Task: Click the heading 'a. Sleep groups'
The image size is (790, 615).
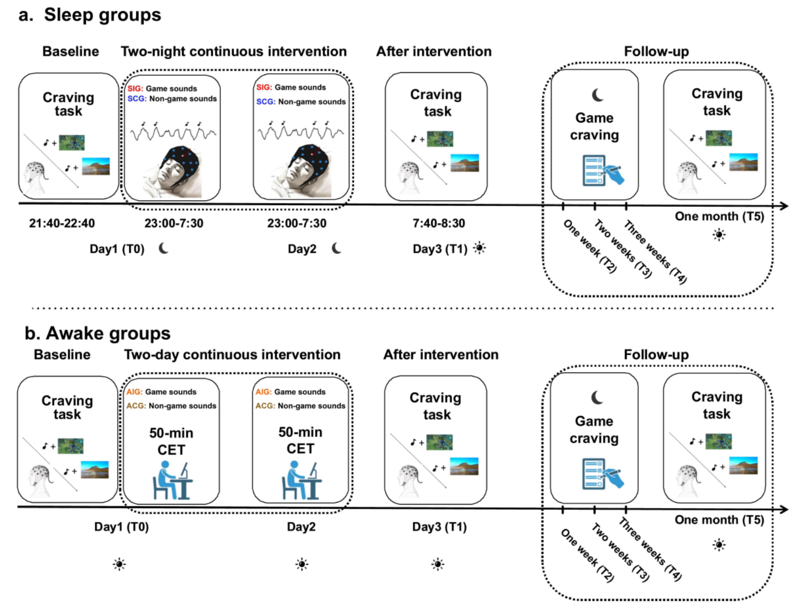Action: pos(90,15)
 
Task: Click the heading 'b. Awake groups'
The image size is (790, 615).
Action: pos(97,333)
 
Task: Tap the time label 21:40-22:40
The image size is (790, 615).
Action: pos(62,223)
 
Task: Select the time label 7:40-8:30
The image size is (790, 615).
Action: pos(439,223)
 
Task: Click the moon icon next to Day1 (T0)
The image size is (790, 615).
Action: pos(163,248)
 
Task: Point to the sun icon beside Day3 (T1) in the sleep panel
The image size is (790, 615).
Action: pos(479,248)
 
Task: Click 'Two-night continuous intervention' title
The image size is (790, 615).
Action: pos(234,51)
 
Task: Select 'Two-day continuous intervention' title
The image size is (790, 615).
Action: pos(232,355)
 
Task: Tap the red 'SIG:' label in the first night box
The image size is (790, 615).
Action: pos(135,89)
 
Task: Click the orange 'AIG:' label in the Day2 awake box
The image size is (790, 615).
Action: pos(263,392)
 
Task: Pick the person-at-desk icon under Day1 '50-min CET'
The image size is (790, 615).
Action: pos(172,480)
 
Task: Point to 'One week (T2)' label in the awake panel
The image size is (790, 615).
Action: pos(587,555)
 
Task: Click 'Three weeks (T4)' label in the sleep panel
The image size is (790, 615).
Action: pos(655,252)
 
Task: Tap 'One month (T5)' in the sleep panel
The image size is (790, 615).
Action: pos(719,216)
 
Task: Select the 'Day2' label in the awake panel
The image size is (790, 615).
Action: pos(301,526)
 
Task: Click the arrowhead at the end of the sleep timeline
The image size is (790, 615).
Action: pos(784,206)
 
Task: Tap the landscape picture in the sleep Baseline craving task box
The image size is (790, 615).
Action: pos(96,166)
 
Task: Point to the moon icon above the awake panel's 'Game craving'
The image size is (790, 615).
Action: pos(597,397)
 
